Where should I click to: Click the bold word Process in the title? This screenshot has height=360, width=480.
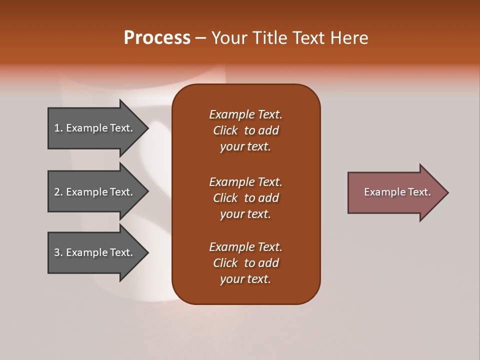157,38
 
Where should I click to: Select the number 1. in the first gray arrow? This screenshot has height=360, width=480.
58,128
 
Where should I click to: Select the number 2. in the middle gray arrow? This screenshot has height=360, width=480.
58,192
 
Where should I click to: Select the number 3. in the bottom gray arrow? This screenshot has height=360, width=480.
58,252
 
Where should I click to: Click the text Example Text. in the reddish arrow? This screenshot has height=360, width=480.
397,192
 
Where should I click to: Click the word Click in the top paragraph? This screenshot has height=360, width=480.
225,130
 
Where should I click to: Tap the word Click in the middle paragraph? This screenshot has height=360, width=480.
225,198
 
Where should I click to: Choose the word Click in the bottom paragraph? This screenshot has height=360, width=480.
225,263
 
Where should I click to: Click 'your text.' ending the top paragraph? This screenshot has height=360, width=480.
245,147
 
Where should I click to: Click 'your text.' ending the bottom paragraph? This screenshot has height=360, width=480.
245,279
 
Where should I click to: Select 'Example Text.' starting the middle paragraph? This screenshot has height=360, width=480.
245,181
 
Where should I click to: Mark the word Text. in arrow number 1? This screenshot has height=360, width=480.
121,128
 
